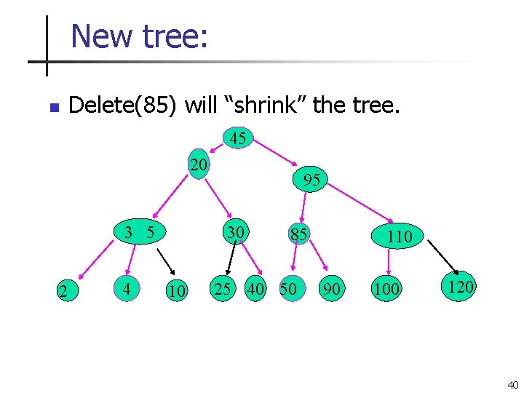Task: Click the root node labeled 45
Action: pos(238,138)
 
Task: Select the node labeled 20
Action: pos(199,164)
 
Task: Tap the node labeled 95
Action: pos(311,180)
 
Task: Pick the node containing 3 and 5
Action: pos(138,233)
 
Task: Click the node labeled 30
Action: pos(234,232)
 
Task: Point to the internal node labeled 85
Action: pos(298,235)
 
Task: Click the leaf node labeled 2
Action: pos(64,292)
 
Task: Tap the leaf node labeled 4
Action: pos(127,289)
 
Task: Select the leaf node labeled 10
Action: pos(176,291)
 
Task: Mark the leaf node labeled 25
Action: pos(222,288)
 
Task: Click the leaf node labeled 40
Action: pos(255,288)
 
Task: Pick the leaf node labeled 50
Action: pos(289,288)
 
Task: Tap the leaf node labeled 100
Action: pos(386,289)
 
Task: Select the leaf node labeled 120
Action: pos(460,287)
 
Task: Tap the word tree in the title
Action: pos(178,36)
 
